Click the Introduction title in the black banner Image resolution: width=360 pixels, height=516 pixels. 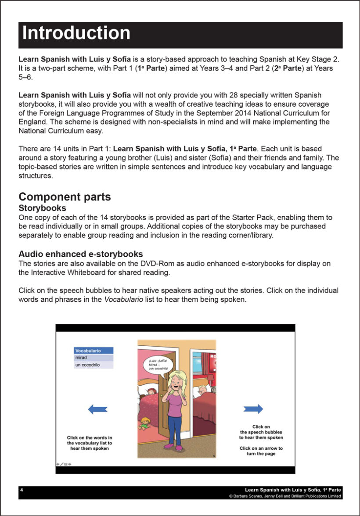click(76, 34)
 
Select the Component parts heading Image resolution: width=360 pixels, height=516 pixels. click(65, 197)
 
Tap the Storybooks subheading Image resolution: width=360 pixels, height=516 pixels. click(42, 208)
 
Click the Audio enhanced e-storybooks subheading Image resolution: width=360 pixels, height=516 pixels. click(80, 254)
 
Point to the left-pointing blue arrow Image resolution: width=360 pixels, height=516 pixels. click(97, 409)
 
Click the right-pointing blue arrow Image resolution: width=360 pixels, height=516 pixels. click(253, 409)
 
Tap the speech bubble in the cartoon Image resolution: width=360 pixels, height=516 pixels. click(156, 364)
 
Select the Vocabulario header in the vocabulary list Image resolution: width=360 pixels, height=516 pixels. click(94, 351)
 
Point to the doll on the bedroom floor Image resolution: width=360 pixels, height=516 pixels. click(145, 424)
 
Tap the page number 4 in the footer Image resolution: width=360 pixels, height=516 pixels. click(22, 490)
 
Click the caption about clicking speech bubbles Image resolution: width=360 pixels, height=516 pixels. click(261, 432)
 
